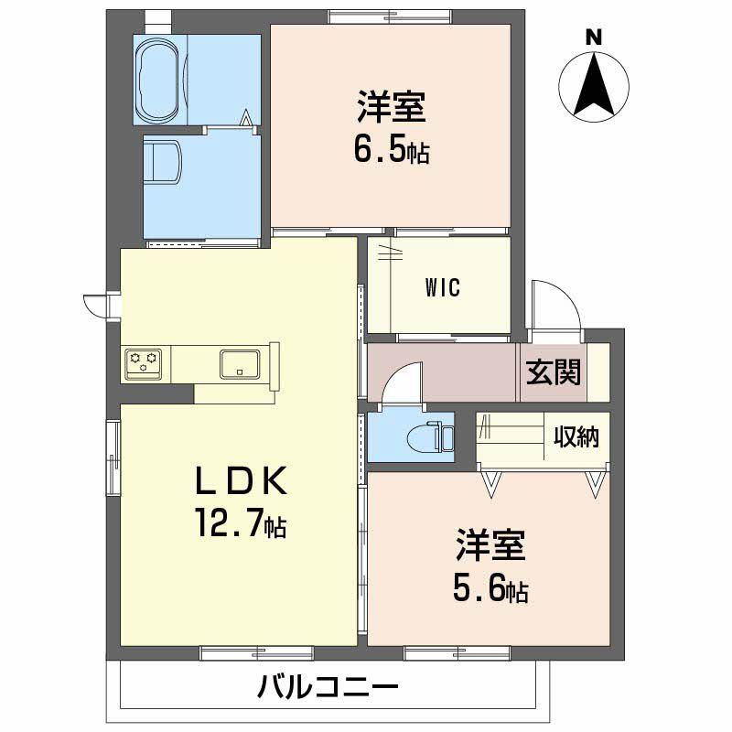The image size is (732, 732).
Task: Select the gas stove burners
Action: [144, 362]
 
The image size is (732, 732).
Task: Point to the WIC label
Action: [442, 287]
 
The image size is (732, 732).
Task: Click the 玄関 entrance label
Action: [553, 371]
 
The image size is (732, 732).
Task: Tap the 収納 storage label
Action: [576, 436]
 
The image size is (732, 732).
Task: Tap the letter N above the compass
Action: [594, 38]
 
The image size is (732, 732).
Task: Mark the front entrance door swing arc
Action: [555, 302]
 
